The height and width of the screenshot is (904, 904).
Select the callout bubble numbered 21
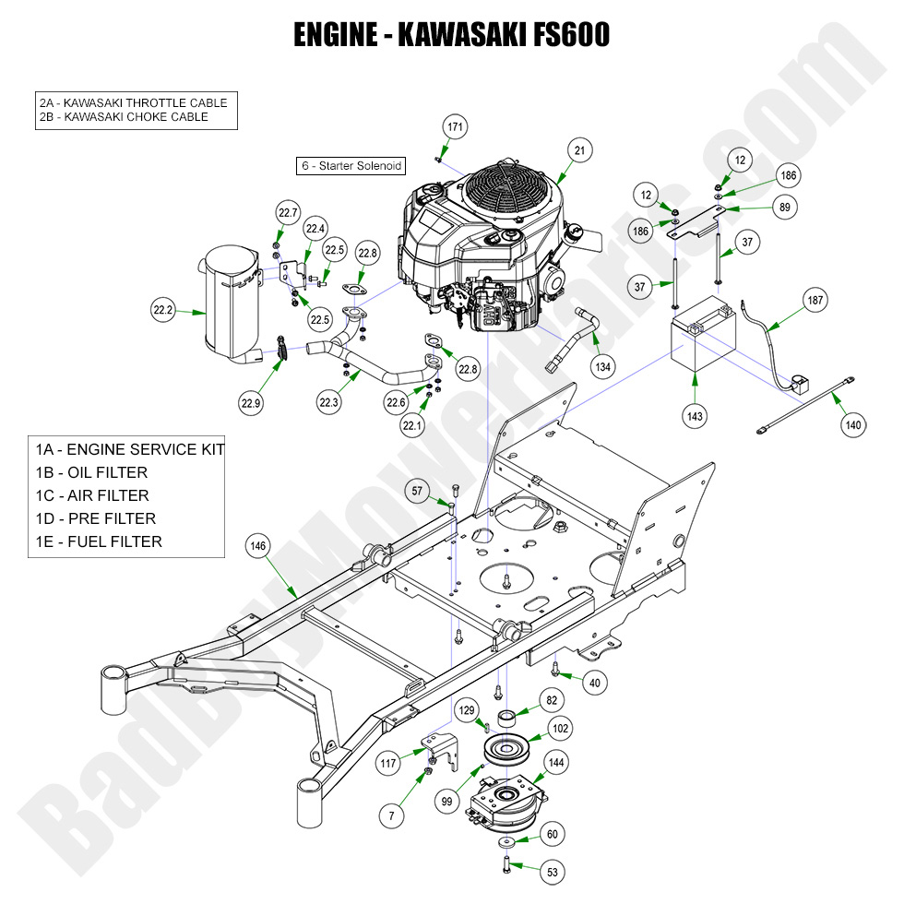click(579, 149)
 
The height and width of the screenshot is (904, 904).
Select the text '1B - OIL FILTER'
click(91, 472)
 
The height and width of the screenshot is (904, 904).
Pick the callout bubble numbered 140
click(853, 425)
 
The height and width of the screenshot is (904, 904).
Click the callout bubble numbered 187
click(815, 300)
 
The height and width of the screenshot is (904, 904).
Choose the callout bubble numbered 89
click(784, 208)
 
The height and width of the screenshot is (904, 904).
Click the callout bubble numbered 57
click(417, 492)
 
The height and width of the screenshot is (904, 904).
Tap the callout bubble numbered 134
click(602, 366)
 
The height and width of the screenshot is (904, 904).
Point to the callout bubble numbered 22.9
click(252, 402)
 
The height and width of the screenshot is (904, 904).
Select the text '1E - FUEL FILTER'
click(99, 541)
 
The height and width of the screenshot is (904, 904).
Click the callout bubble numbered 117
click(389, 763)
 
